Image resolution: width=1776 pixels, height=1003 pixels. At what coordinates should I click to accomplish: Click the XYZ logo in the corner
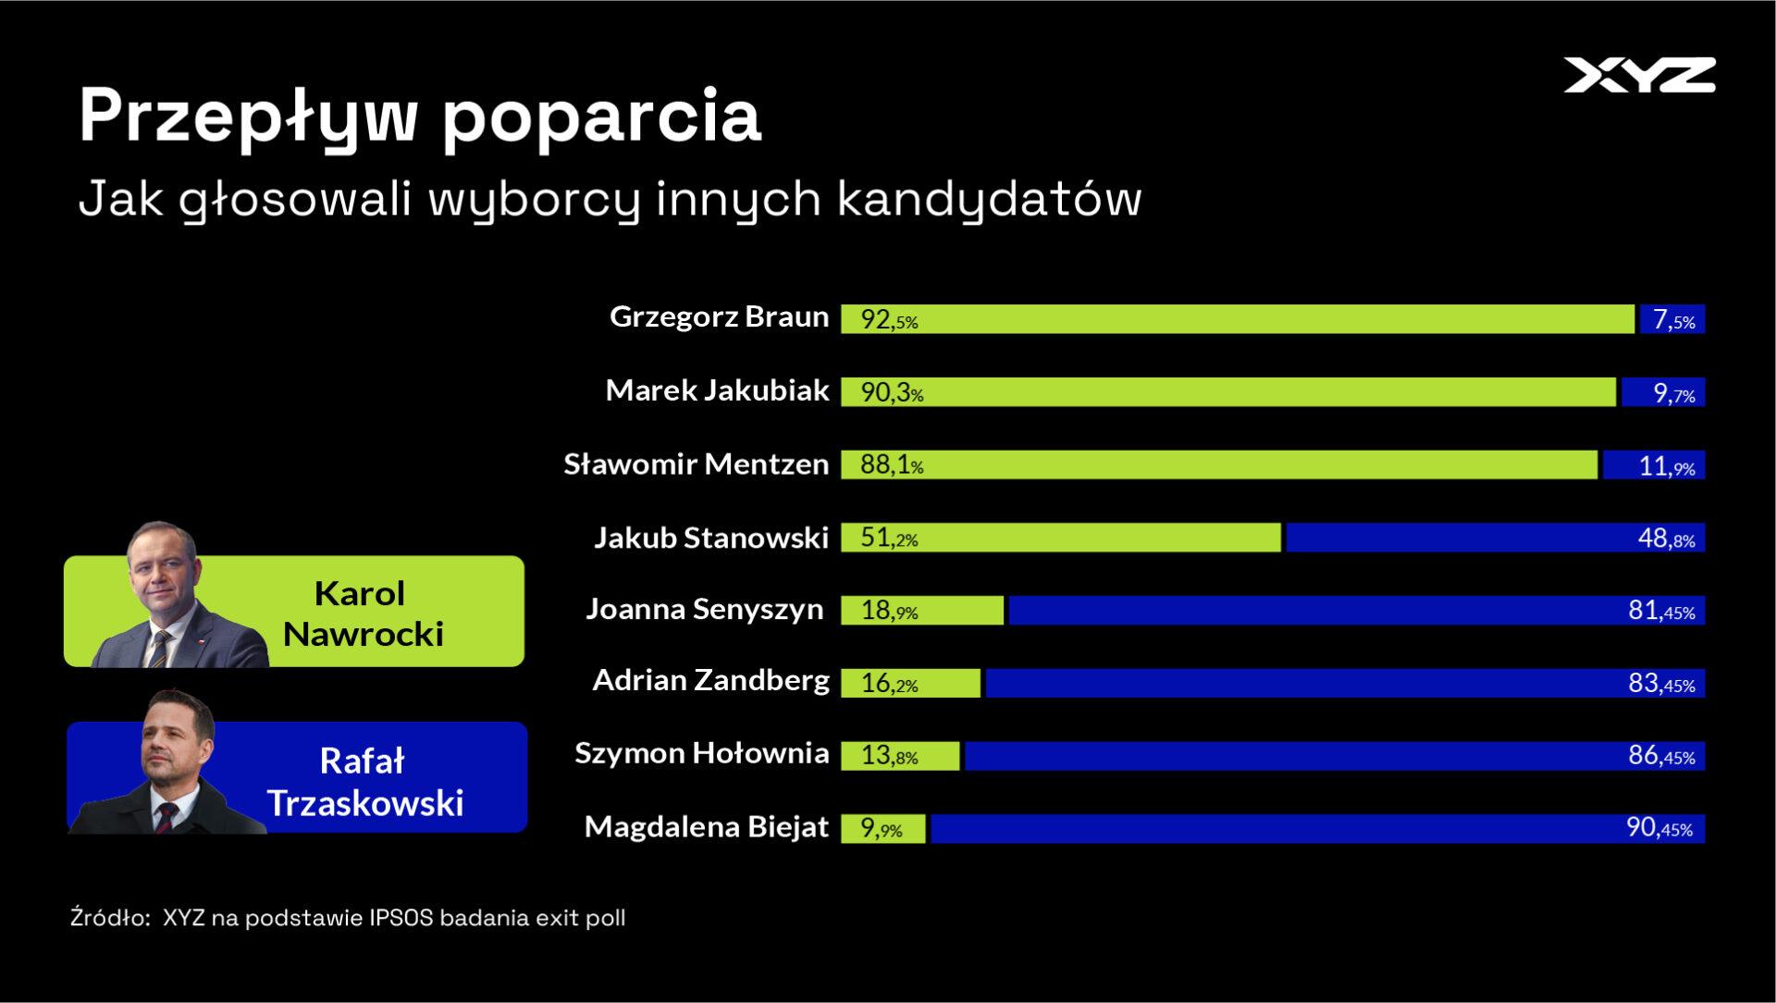point(1639,75)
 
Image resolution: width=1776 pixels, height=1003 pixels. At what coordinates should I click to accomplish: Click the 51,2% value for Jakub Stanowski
point(889,539)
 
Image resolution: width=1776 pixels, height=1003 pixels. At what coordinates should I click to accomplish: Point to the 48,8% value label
point(1666,539)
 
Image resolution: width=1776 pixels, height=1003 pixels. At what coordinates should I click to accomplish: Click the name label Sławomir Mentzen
point(696,464)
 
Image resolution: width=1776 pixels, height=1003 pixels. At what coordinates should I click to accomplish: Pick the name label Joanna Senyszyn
point(704,609)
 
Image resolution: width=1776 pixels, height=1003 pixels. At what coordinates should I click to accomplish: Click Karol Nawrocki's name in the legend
point(362,613)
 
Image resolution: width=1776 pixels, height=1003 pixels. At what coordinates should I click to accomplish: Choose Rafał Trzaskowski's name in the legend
point(364,782)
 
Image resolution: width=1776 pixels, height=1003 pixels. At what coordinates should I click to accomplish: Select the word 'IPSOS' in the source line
point(401,918)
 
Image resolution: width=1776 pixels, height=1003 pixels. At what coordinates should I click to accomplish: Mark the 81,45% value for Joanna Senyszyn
point(1661,611)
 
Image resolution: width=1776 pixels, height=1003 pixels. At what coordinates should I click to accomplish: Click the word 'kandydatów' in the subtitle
point(989,199)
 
